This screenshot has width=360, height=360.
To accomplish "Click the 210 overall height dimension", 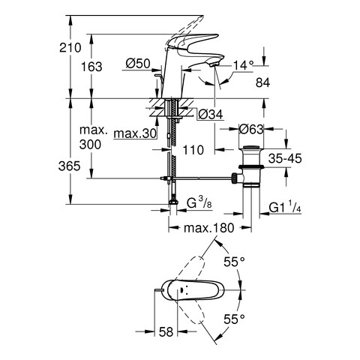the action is [x=70, y=47].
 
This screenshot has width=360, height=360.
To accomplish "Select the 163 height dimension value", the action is [x=91, y=67].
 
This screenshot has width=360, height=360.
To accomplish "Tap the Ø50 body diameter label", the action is [x=138, y=64].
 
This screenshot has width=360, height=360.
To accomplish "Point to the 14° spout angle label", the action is [x=243, y=65].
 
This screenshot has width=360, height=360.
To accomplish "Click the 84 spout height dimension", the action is [x=262, y=82].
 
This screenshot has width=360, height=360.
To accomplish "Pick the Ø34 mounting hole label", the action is [x=210, y=115].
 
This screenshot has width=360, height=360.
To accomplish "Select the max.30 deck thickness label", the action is [x=135, y=133].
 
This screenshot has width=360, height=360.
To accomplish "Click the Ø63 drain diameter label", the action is [x=251, y=129].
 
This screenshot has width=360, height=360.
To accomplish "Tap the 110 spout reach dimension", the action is [x=193, y=150].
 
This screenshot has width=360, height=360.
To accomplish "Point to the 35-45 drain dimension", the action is [x=285, y=158].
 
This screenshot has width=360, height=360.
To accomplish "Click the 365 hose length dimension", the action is [x=69, y=166].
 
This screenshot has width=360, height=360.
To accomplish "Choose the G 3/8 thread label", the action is [x=199, y=203].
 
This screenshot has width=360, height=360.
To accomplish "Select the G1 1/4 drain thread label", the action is [x=285, y=207].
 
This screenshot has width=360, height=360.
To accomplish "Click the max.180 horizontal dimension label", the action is [x=208, y=228].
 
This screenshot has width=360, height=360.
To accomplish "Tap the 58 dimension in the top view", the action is [x=166, y=331].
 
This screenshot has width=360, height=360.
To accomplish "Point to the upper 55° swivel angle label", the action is [x=234, y=262].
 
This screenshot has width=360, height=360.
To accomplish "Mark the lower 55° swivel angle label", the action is [x=234, y=319].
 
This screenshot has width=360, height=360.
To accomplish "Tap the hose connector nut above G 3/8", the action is [x=172, y=202].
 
